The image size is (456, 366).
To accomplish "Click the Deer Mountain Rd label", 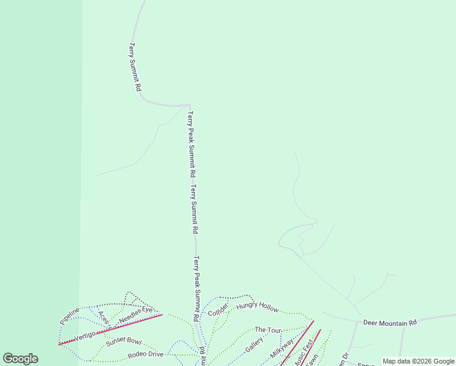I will point(390,322).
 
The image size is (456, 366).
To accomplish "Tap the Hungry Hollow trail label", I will point(257,306).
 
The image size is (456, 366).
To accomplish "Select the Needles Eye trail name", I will point(135,315).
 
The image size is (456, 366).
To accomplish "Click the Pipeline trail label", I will point(69,316).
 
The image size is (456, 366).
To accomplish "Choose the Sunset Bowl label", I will point(123,342).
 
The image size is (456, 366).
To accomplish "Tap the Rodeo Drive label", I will point(145,354).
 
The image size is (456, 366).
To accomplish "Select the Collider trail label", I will point(218,309).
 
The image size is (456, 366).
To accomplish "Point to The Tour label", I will point(268,330).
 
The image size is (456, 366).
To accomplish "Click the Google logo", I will point(20,359).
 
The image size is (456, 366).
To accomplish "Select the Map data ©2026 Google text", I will point(418,361).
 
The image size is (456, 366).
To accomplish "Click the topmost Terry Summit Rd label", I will point(135,67).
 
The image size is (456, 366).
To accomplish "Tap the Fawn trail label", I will point(312,362).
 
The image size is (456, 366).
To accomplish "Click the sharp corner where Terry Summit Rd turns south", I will point(190,106).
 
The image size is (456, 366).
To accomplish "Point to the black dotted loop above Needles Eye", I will point(130,298).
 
